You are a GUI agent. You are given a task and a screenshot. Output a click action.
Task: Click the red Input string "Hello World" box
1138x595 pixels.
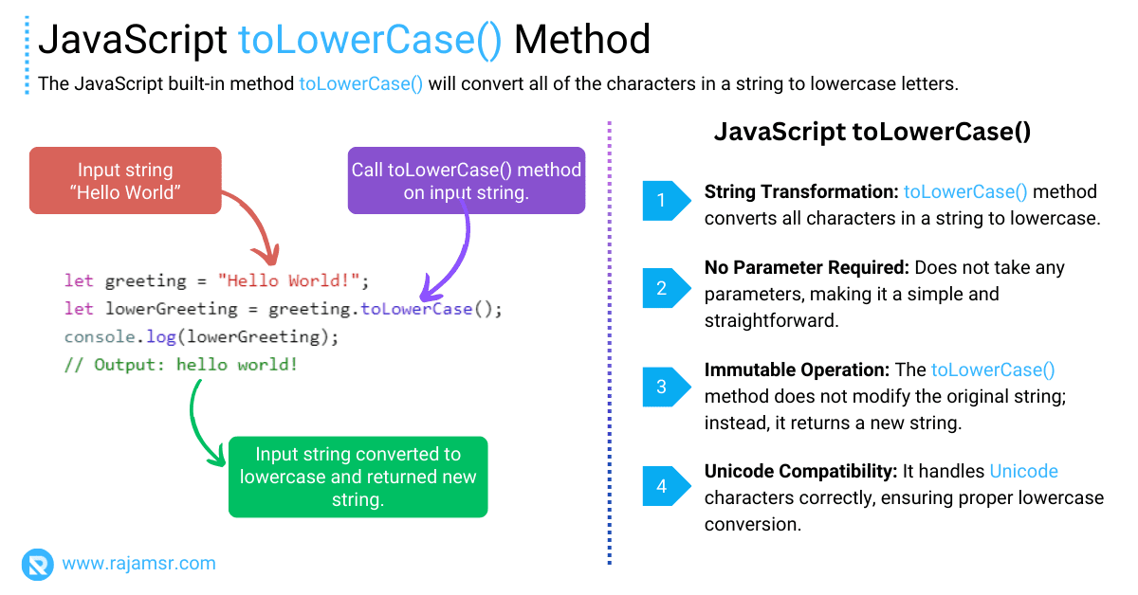coord(125,181)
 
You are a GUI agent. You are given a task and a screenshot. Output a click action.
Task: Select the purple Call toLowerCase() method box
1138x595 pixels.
coord(466,181)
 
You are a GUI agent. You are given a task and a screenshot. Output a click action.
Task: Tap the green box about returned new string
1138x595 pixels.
coord(358,477)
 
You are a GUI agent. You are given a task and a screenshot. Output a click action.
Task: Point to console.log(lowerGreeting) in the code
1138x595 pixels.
coord(201,336)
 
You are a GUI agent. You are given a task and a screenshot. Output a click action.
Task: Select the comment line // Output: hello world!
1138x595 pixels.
coord(180,364)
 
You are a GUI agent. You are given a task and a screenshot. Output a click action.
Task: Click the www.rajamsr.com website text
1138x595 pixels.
coord(138,564)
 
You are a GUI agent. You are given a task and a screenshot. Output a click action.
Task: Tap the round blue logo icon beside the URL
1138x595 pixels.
coord(38,564)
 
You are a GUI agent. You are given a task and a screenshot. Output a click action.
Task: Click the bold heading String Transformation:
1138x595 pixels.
coord(800,192)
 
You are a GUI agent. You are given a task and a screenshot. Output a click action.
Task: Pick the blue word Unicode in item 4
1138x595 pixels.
coord(1023,472)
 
